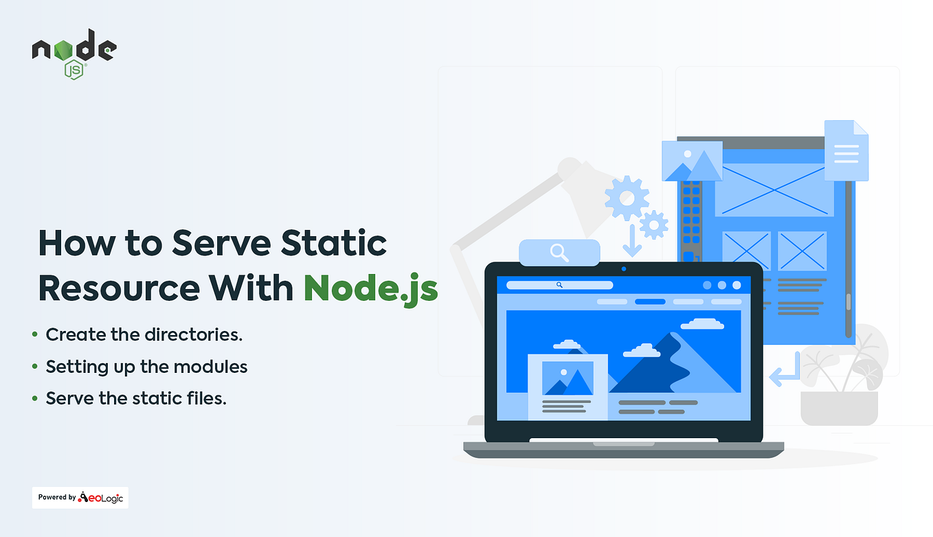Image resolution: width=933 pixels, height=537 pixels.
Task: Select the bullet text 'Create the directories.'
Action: click(x=144, y=335)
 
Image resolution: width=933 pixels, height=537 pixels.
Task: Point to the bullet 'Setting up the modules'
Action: click(x=146, y=367)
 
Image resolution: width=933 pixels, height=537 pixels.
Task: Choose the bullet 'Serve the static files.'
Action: click(x=136, y=398)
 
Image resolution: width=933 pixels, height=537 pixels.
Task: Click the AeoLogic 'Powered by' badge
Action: click(x=80, y=498)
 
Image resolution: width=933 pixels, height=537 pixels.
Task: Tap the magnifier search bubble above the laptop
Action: click(x=559, y=253)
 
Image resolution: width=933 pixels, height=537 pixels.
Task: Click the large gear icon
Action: click(x=627, y=197)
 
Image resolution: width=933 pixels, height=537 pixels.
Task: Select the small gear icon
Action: click(x=653, y=224)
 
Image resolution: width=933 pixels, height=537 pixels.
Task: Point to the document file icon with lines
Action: click(x=846, y=150)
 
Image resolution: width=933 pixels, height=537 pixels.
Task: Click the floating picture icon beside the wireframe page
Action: click(x=692, y=161)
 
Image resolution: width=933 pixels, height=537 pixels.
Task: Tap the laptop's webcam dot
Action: click(x=623, y=268)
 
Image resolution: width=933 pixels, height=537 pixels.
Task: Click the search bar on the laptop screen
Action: click(x=559, y=284)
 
